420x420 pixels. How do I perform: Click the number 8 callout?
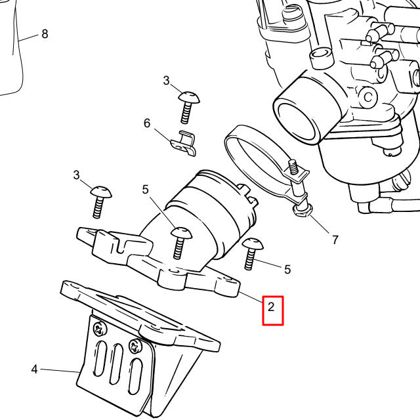coord(45,33)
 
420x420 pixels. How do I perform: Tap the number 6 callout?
coord(147,123)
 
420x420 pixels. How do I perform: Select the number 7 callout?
coord(335,240)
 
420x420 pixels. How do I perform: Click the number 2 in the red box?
coord(273,306)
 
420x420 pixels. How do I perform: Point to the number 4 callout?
coord(34,369)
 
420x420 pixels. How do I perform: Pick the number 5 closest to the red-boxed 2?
coord(287,269)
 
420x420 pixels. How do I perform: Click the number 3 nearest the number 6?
coord(166,81)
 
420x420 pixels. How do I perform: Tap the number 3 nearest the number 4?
coord(76,175)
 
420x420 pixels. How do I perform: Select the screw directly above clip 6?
coord(188,105)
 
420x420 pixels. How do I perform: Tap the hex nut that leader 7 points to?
coord(303,210)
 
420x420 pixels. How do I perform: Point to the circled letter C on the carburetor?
coord(368,97)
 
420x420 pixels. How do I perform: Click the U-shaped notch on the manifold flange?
coord(120,247)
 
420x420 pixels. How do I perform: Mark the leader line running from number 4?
coord(59,371)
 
